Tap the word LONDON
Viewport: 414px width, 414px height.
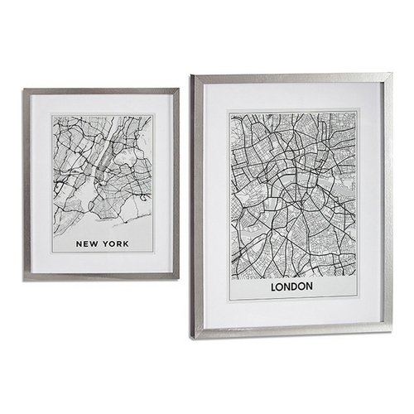(291, 286)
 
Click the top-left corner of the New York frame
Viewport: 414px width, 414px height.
(23, 89)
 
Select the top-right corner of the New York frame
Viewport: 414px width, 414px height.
(179, 89)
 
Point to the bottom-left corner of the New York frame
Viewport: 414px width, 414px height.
(24, 280)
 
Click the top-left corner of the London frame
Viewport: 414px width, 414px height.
(192, 75)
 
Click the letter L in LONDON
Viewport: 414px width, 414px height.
(273, 286)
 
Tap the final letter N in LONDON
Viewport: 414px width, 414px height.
(308, 286)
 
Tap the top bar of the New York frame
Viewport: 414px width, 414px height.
(101, 91)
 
